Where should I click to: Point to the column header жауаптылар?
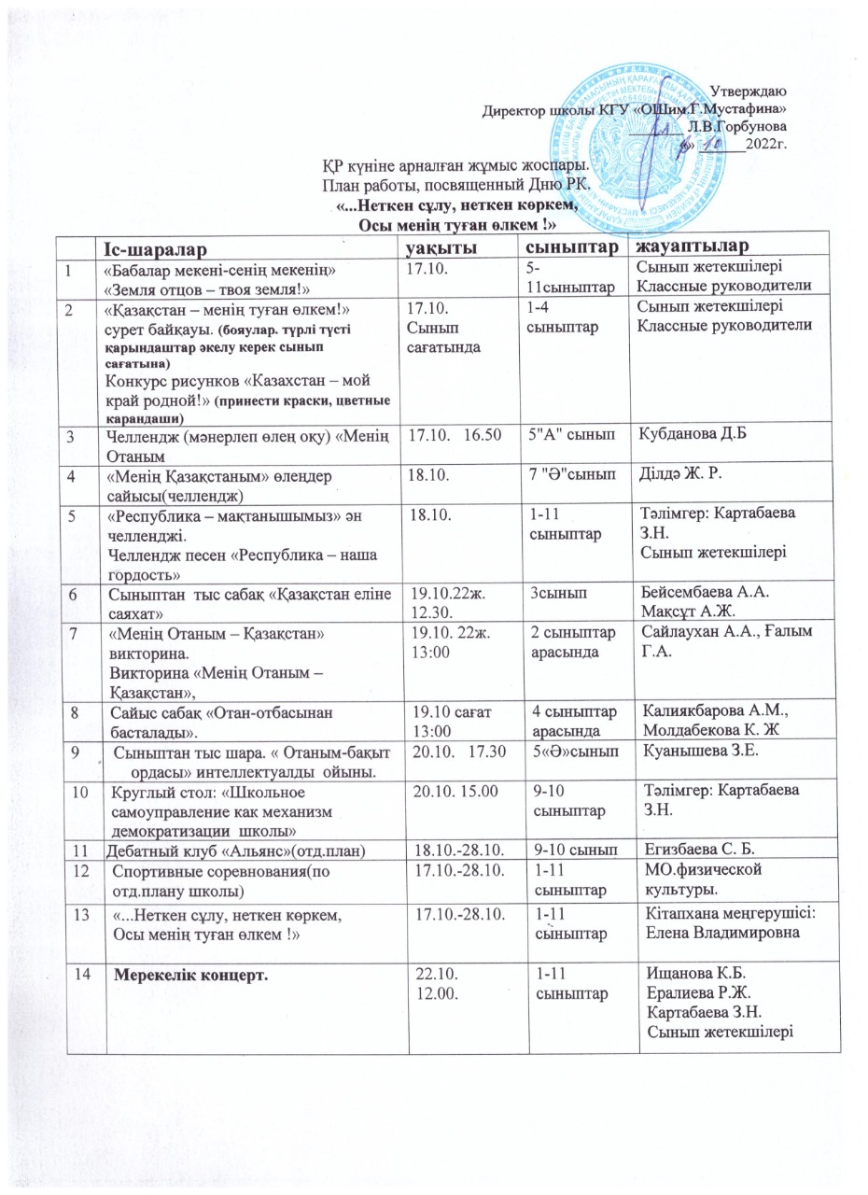(693, 246)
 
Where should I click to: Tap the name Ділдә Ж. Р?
(675, 474)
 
